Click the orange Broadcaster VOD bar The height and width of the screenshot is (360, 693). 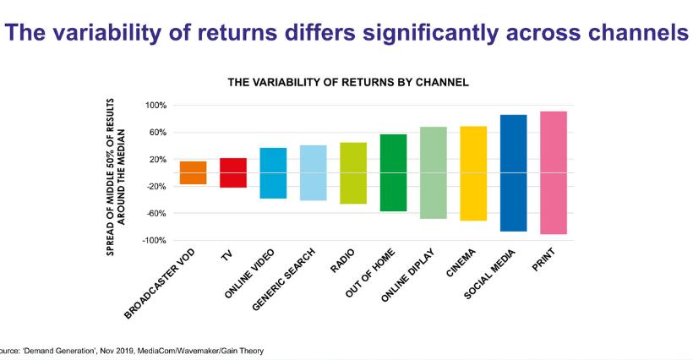coord(193,172)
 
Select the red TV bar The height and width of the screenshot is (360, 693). coord(232,172)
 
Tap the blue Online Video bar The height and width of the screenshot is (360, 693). coord(273,172)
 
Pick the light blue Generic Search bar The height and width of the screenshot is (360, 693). coord(313,172)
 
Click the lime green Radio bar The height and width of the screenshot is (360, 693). coord(352,172)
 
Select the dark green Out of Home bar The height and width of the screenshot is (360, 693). coord(393,172)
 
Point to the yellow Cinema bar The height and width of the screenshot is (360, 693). coord(473,172)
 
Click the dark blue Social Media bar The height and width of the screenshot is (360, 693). coord(513,172)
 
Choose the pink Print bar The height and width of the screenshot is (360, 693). coord(553,172)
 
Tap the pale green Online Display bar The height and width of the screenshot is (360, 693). coord(433,172)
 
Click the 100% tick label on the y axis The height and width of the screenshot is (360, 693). coord(156,106)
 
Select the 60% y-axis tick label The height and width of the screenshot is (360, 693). coord(158,133)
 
